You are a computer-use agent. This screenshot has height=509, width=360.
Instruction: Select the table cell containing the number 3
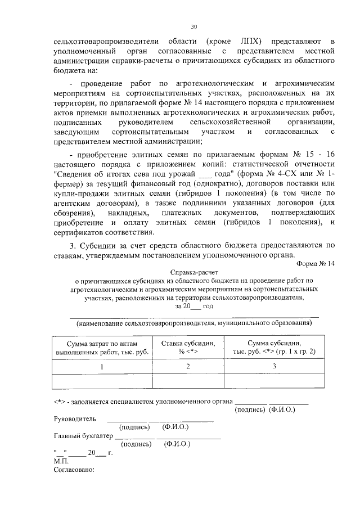pos(274,367)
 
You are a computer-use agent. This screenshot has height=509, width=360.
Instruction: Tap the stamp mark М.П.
pos(61,460)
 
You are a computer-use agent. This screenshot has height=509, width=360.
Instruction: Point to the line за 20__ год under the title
pos(194,307)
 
